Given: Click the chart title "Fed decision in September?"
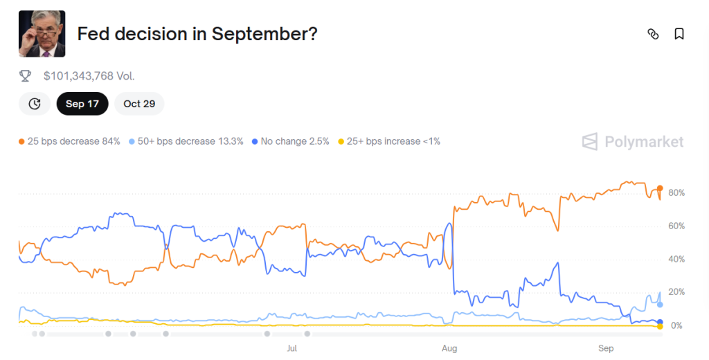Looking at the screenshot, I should [x=197, y=34].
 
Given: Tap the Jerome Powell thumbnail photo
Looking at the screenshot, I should [x=42, y=34].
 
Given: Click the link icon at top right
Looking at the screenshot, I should [x=652, y=34].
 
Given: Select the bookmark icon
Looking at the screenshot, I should [x=679, y=34].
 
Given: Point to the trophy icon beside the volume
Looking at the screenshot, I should [x=26, y=76].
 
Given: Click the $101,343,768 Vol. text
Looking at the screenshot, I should [x=89, y=76].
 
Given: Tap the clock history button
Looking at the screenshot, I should [x=35, y=104].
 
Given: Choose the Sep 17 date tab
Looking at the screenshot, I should [x=82, y=104].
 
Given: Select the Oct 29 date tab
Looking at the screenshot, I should [x=139, y=104].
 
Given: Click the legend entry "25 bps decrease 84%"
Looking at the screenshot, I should [x=69, y=141].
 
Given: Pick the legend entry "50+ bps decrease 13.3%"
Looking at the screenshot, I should [x=186, y=141].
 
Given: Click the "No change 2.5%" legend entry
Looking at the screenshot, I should [x=290, y=141].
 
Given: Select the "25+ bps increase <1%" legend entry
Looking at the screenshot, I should [x=388, y=141].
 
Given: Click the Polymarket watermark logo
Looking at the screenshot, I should [x=633, y=142].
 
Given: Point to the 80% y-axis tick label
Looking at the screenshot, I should [x=676, y=192].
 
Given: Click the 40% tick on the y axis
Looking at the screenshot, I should [x=676, y=259].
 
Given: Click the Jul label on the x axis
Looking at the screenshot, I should [x=292, y=348].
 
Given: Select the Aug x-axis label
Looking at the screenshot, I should [x=449, y=348].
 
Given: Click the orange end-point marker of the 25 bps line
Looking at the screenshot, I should [x=661, y=188].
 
